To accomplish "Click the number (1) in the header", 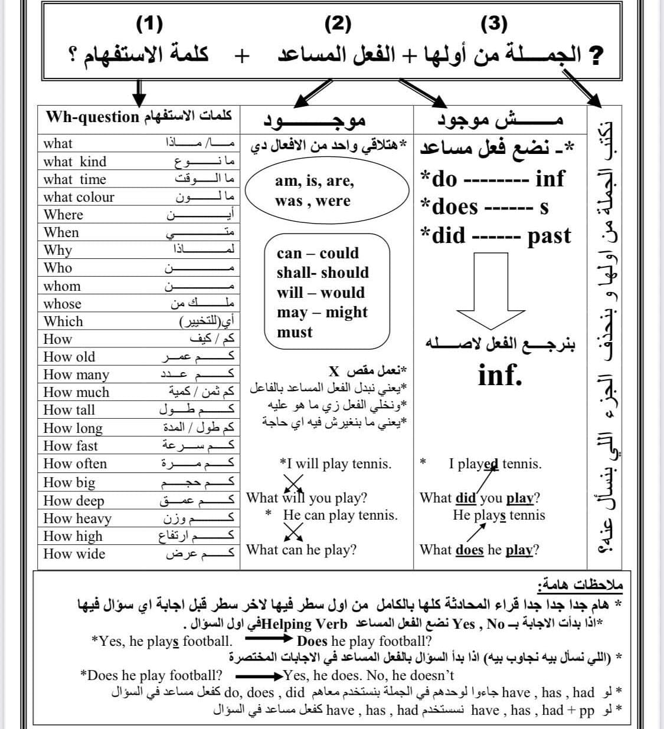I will [149, 24].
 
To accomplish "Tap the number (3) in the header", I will [495, 24].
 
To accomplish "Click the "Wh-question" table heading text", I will [93, 116].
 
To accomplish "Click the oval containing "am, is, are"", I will [327, 191].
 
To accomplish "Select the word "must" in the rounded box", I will [295, 332].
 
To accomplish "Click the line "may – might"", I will [322, 313].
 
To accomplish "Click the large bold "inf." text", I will [500, 375].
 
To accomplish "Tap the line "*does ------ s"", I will [484, 207].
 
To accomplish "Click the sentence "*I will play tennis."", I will [335, 464].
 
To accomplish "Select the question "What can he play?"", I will [301, 550].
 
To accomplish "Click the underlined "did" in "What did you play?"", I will [465, 498].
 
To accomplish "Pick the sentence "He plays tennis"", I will [499, 515].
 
